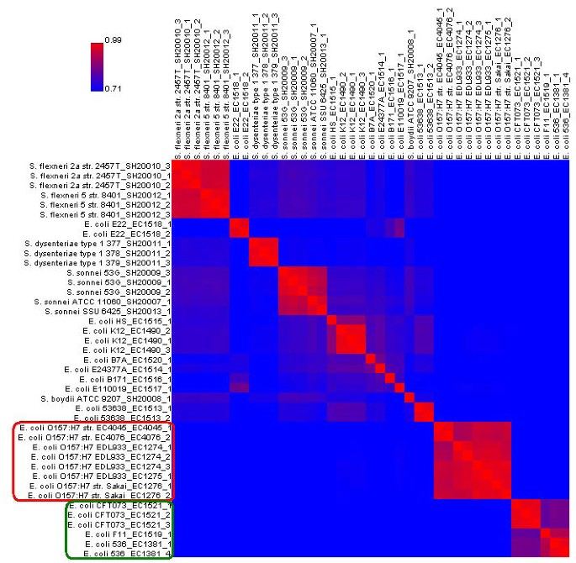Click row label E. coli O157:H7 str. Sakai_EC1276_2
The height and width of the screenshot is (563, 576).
click(94, 496)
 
